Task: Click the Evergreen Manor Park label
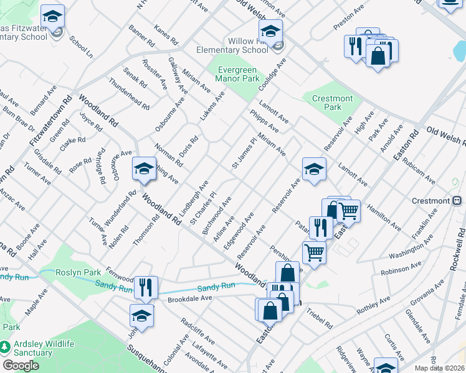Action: click(237, 75)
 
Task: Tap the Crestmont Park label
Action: click(332, 103)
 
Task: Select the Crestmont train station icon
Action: click(457, 201)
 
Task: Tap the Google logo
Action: click(21, 366)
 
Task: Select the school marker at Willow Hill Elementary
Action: click(271, 32)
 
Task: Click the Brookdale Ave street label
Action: click(190, 299)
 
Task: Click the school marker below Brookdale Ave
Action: click(141, 316)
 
